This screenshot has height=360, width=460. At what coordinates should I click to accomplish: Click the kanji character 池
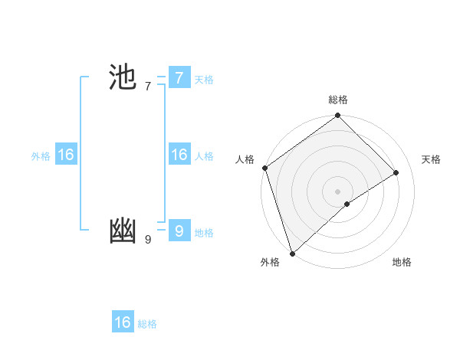[x=123, y=78]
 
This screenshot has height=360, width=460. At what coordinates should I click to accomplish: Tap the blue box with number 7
[x=179, y=78]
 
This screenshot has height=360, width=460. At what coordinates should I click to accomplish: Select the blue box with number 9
[x=179, y=231]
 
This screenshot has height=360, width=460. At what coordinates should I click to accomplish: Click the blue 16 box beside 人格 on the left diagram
[x=179, y=155]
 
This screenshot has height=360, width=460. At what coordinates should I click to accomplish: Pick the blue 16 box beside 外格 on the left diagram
[x=66, y=155]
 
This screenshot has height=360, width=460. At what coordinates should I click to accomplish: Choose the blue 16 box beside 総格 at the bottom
[x=123, y=322]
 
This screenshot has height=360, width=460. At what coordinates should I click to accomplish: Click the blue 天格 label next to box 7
[x=204, y=80]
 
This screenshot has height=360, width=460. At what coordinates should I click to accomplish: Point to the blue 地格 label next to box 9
[x=204, y=233]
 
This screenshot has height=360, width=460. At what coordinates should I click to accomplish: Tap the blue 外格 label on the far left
[x=41, y=156]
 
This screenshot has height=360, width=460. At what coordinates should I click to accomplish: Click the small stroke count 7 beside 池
[x=148, y=87]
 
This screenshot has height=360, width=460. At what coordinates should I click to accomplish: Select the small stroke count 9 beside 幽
[x=148, y=240]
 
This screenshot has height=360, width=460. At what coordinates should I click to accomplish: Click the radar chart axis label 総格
[x=338, y=100]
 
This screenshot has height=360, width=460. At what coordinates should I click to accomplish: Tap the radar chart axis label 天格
[x=431, y=159]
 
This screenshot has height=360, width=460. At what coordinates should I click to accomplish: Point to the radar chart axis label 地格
[x=402, y=262]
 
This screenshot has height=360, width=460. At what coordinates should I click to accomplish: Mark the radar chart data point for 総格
[x=338, y=116]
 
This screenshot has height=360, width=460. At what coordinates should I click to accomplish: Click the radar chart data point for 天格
[x=396, y=172]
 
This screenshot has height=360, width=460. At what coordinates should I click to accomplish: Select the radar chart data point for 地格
[x=347, y=204]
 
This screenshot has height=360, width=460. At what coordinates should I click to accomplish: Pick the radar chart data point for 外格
[x=292, y=253]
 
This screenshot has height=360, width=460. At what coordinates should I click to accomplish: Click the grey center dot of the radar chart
[x=337, y=191]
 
